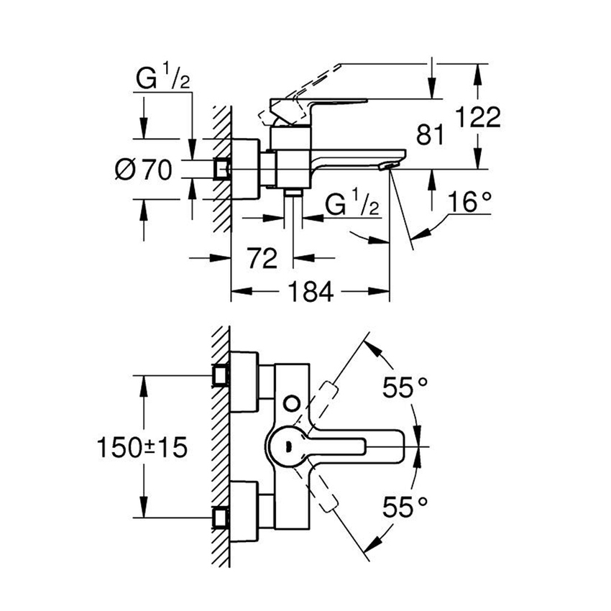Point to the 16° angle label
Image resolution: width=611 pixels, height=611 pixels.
(471, 203)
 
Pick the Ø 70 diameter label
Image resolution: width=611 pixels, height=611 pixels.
(144, 170)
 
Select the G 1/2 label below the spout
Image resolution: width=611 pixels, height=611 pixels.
(352, 205)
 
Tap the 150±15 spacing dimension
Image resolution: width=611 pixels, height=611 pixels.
(142, 447)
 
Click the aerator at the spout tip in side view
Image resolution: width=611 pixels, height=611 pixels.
(389, 167)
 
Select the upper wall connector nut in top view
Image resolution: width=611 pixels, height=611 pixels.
(221, 375)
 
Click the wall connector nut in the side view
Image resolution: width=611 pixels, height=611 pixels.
(221, 169)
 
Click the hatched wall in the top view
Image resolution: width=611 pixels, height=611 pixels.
(221, 446)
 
